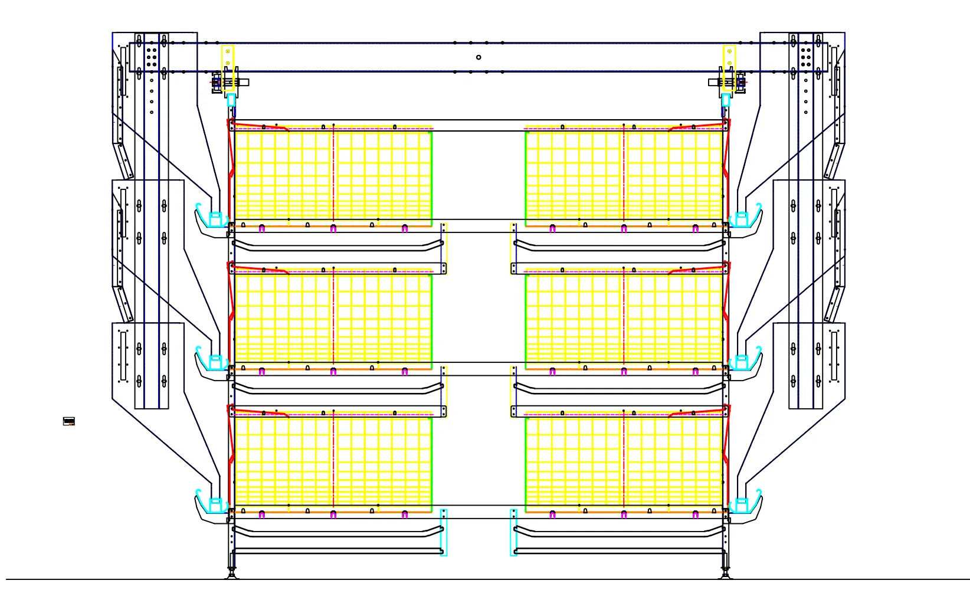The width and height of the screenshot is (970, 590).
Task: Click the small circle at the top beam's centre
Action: pos(479,57)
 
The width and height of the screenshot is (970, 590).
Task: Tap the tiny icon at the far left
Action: pos(69,421)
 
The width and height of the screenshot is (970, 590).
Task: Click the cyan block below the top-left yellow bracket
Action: pos(231,100)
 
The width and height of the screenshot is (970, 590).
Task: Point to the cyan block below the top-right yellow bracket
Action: pos(726,100)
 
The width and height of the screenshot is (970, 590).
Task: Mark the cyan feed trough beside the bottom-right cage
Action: pos(745,504)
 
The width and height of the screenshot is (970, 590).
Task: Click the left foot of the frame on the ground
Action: pos(232,573)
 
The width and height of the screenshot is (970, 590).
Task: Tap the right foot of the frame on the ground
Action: pos(726,573)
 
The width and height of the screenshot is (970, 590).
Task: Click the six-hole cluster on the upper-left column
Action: pos(152,57)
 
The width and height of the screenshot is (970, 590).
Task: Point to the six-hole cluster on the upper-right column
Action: pos(806,57)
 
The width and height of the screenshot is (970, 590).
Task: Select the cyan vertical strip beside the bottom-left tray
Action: pos(444,532)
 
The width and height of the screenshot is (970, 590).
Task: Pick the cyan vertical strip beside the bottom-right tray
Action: pos(513,532)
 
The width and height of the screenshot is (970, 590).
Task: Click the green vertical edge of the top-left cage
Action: pos(432,177)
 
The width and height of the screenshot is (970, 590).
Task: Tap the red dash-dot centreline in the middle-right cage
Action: pos(624,319)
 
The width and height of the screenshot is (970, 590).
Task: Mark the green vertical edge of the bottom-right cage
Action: pos(526,463)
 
